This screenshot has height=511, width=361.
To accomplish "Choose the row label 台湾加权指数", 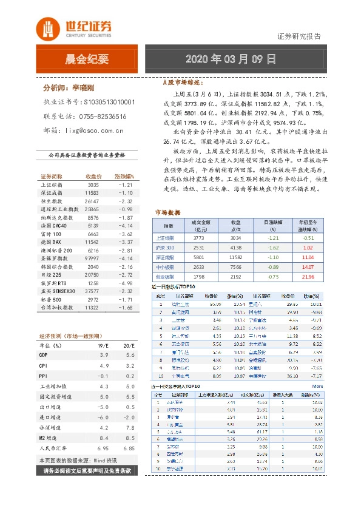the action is (58, 308).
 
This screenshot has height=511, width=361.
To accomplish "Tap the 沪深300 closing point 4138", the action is (236, 248).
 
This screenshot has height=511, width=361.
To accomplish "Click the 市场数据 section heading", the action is (168, 213).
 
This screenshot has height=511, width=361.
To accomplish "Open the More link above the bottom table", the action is (317, 386).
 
